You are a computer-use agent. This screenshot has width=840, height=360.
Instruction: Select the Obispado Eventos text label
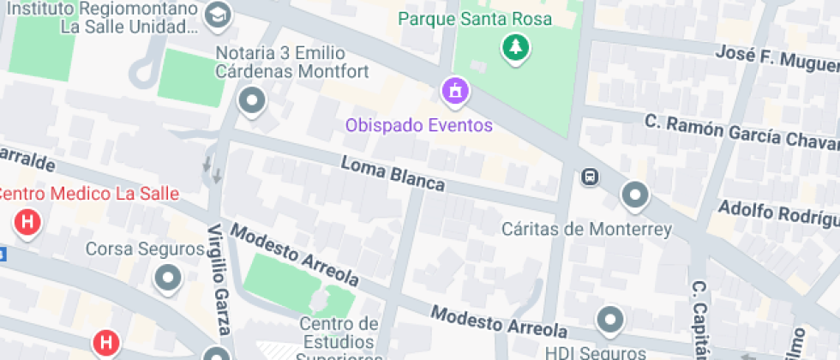pyautogui.click(x=419, y=125)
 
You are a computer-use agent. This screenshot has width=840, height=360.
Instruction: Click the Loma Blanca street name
pyautogui.click(x=393, y=173)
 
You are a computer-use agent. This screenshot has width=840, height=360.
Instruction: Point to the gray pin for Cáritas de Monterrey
pyautogui.click(x=634, y=195)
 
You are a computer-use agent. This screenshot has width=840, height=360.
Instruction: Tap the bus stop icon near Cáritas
pyautogui.click(x=590, y=177)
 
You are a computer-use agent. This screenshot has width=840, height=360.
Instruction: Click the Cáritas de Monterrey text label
pyautogui.click(x=586, y=229)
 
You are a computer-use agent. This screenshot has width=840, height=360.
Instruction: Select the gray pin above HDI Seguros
pyautogui.click(x=610, y=319)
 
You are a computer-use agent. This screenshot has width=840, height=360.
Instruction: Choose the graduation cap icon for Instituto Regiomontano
pyautogui.click(x=219, y=15)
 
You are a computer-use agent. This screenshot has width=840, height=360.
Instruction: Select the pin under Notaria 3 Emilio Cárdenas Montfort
pyautogui.click(x=252, y=102)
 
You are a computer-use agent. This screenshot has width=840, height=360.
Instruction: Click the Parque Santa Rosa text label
pyautogui.click(x=475, y=18)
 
